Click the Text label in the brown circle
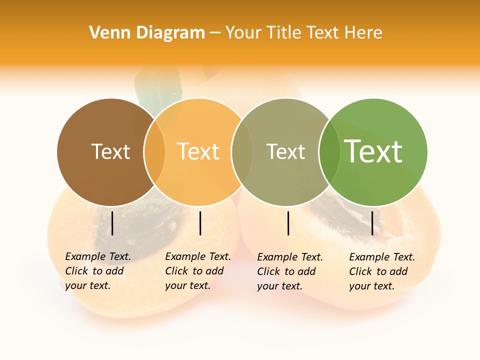(x=110, y=151)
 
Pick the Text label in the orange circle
(x=198, y=151)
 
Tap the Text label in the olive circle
(x=285, y=151)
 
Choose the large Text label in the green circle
(x=373, y=151)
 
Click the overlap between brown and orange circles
(x=154, y=152)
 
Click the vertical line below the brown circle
(x=112, y=223)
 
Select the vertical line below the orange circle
(x=200, y=223)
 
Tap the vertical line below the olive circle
(x=288, y=223)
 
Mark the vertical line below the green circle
(x=372, y=223)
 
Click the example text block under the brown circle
(x=98, y=271)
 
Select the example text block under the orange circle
(x=198, y=271)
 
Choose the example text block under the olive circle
(x=290, y=271)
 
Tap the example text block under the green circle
(x=382, y=271)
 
